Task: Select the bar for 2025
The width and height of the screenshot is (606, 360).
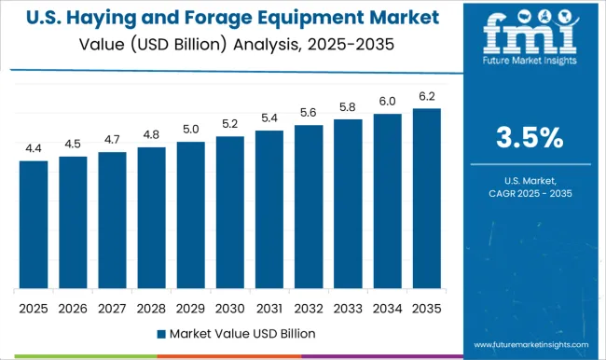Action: point(34,225)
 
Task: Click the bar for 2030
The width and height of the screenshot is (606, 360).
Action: point(229,213)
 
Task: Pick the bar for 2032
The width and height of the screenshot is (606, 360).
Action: point(309,207)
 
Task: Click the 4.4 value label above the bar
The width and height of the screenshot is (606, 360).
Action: point(34,148)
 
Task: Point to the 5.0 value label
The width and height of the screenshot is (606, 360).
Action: point(190,130)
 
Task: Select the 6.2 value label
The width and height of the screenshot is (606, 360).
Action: point(426,96)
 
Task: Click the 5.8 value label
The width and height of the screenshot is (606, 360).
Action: point(348,107)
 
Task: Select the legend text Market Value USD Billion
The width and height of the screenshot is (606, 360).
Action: point(240,333)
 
